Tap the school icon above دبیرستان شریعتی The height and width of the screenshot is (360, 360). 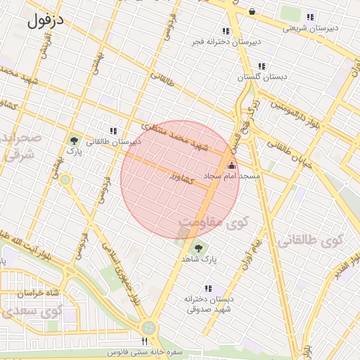[x=310, y=18]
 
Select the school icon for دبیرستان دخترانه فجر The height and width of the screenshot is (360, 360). [x=226, y=32]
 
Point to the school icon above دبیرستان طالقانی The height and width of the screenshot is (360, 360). [x=112, y=131]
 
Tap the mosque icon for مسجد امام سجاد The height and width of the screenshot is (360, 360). [x=232, y=165]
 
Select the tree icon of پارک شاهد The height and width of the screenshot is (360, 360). [x=198, y=247]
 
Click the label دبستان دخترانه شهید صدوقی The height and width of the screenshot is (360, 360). [x=207, y=304]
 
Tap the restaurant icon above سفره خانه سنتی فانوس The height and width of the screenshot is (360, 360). [x=146, y=342]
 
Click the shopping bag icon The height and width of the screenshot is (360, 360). [x=252, y=11]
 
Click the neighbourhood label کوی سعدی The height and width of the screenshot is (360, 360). [x=21, y=309]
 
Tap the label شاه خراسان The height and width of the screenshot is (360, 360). [x=25, y=292]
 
